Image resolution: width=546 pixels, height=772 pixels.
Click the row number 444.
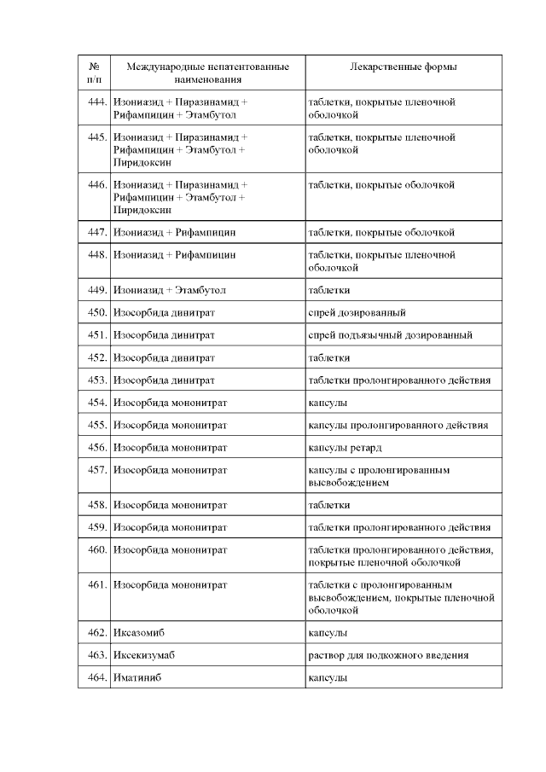pos(96,102)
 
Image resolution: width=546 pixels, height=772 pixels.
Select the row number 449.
pos(96,290)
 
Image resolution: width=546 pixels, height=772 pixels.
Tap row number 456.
pos(96,447)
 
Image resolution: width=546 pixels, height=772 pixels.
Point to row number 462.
pos(96,633)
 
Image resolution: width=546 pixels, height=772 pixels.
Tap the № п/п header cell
pos(94,73)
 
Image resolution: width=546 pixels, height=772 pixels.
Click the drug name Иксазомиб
pos(137,633)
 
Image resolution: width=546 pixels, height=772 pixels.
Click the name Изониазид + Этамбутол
pos(170,290)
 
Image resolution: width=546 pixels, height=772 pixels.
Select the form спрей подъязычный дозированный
pos(390,335)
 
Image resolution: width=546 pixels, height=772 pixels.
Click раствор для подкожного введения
pos(389,655)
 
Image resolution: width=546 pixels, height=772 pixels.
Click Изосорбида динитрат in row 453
pos(164,380)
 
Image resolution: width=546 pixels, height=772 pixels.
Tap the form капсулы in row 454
pos(327,403)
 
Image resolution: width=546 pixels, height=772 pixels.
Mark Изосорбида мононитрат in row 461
pos(170,585)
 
